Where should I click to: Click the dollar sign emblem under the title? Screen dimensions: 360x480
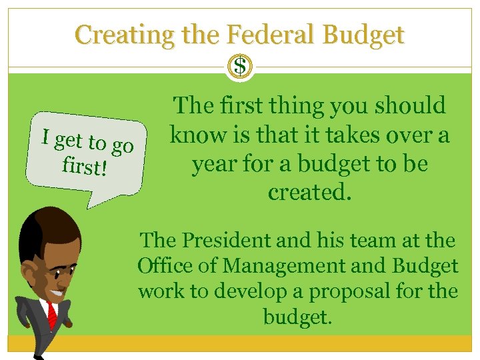pyautogui.click(x=240, y=67)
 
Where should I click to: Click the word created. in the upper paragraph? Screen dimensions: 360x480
pyautogui.click(x=309, y=192)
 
